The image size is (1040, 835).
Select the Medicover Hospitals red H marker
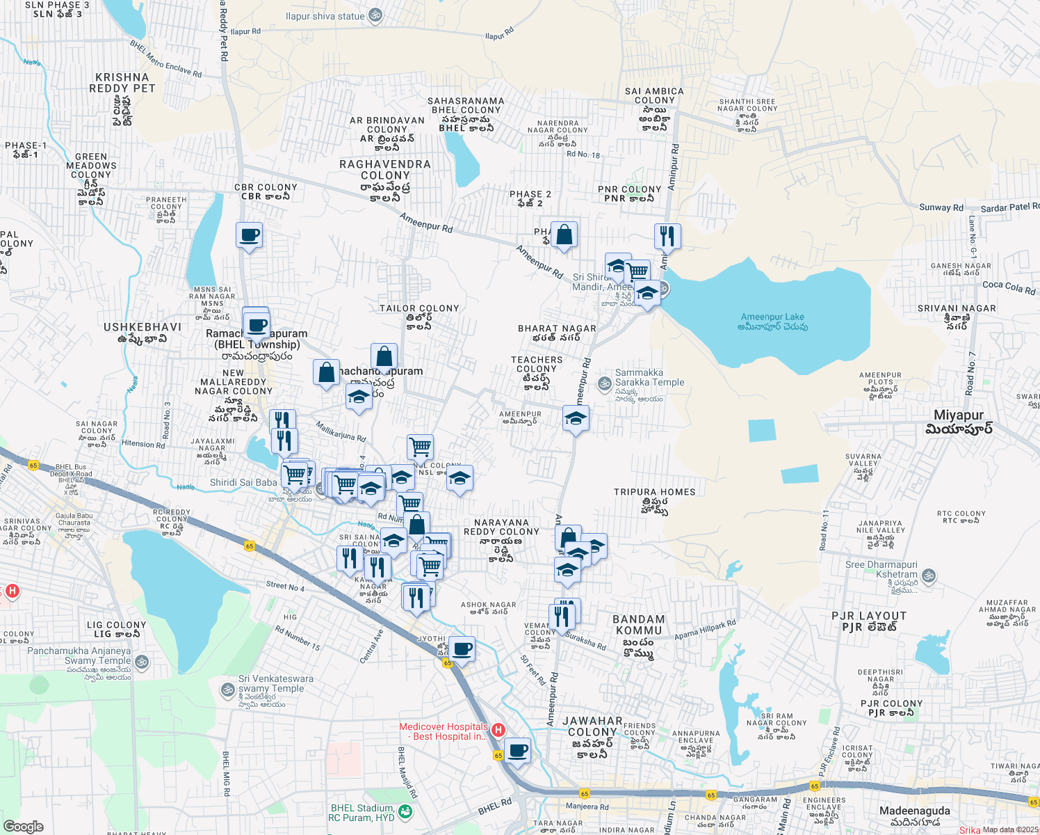tap(498, 731)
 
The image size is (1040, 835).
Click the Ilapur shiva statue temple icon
tap(375, 16)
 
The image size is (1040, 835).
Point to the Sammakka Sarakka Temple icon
tap(605, 383)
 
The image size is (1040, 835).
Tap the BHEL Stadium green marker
tap(406, 812)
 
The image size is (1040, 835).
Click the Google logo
tap(23, 827)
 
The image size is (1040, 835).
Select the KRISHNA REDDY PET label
tap(122, 83)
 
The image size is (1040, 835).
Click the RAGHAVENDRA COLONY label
tap(385, 170)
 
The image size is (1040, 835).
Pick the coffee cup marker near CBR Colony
tap(249, 235)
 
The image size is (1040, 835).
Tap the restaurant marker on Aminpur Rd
tap(667, 236)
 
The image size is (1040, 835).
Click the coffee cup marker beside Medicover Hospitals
tap(517, 751)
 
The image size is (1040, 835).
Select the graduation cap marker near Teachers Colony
tap(576, 419)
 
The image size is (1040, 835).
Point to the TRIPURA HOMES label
tap(654, 492)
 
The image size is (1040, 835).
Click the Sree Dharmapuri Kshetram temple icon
tap(928, 576)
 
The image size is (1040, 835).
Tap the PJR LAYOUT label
tap(869, 617)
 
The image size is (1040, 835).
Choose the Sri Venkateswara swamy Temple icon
tap(227, 690)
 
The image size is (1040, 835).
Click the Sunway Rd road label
tap(941, 207)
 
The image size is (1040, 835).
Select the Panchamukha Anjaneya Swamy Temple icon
tap(143, 662)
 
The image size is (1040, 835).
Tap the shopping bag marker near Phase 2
tap(564, 235)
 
